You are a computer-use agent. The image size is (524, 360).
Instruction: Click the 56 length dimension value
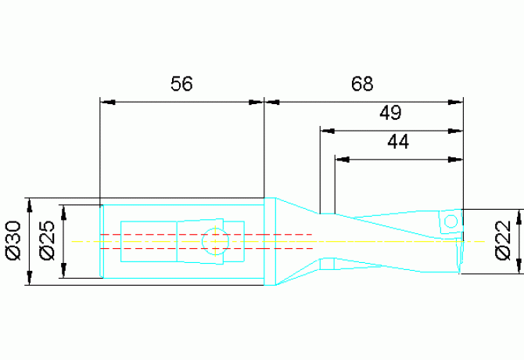pyautogui.click(x=181, y=84)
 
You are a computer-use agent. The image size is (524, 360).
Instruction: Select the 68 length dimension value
pyautogui.click(x=362, y=84)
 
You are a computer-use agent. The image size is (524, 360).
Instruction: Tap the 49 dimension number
pyautogui.click(x=390, y=113)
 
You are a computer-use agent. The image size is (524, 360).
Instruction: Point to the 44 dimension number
pyautogui.click(x=398, y=142)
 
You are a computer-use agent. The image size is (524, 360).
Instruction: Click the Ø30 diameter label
pyautogui.click(x=14, y=240)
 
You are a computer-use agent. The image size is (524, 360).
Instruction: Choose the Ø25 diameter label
pyautogui.click(x=47, y=240)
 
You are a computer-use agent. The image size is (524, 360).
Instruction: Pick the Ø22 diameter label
pyautogui.click(x=503, y=240)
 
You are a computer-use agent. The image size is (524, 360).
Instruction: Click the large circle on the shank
pyautogui.click(x=215, y=241)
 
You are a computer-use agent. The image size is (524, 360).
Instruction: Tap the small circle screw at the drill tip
pyautogui.click(x=450, y=221)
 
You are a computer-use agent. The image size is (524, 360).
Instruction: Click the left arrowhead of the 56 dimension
pyautogui.click(x=108, y=102)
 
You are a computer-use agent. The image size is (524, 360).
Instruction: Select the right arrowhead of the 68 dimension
pyautogui.click(x=455, y=102)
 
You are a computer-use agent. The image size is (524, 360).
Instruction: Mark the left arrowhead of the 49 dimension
pyautogui.click(x=328, y=131)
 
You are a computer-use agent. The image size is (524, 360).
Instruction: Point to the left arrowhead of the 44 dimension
pyautogui.click(x=343, y=160)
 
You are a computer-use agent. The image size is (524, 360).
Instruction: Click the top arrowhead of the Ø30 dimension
pyautogui.click(x=30, y=206)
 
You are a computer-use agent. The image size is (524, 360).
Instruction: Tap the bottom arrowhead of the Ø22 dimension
pyautogui.click(x=519, y=266)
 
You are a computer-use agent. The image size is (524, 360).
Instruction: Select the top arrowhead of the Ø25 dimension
pyautogui.click(x=64, y=213)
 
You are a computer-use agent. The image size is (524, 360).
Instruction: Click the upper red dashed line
pyautogui.click(x=206, y=234)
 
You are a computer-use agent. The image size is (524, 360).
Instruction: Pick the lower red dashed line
pyautogui.click(x=206, y=248)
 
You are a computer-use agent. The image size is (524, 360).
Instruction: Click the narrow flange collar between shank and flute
pyautogui.click(x=270, y=241)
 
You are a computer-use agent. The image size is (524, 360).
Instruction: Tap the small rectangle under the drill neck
pyautogui.click(x=328, y=264)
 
